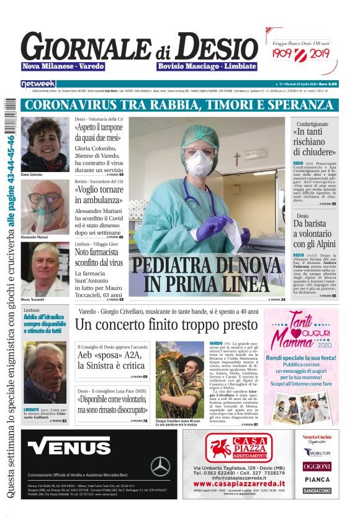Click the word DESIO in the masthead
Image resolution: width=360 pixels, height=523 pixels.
point(214,45)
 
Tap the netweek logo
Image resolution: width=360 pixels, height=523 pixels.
point(38,83)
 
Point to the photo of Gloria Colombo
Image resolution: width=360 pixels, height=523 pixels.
point(45,144)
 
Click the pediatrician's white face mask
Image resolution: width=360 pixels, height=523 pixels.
point(199,163)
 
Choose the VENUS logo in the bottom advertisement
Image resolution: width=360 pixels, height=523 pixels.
point(61,447)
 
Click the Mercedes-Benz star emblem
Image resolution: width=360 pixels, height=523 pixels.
point(160,466)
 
